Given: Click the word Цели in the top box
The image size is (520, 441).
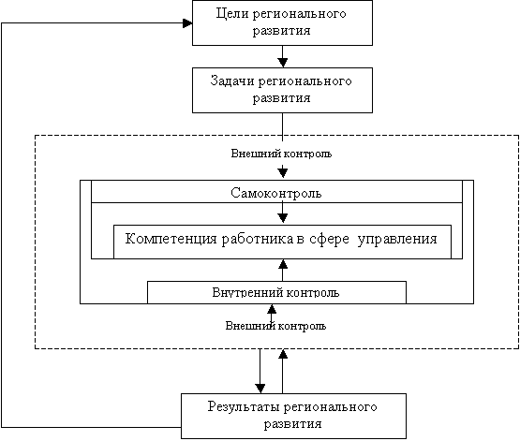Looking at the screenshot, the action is [232, 14].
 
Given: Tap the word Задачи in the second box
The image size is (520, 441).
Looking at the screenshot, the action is [232, 81].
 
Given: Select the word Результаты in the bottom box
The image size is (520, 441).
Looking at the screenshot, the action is [244, 407].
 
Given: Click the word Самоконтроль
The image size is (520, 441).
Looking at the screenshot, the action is [276, 193].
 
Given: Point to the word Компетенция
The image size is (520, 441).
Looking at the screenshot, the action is [171, 239].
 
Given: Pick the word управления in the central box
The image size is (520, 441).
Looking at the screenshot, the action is [397, 240].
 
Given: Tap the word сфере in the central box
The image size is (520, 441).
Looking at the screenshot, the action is [329, 239].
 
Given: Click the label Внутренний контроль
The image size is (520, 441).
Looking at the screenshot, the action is [275, 293].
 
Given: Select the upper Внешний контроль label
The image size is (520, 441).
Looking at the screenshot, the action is [281, 154].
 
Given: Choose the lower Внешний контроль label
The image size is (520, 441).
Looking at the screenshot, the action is [275, 326].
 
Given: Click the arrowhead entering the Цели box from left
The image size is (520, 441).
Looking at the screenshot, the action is [187, 23].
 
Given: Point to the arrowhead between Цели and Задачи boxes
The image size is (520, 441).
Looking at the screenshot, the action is [283, 63].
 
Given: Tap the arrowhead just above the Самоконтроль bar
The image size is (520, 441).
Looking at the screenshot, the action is [283, 172].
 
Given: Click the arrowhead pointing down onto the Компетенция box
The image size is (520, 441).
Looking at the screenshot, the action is [283, 217].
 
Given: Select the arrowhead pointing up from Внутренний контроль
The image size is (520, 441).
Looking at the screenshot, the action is [283, 264].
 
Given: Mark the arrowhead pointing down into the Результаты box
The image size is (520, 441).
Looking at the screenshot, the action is [260, 389].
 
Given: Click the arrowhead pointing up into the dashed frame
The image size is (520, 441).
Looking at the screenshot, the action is [283, 354].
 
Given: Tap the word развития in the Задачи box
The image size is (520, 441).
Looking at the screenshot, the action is [282, 98].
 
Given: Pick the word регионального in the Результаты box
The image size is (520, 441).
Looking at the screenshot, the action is [331, 407].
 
